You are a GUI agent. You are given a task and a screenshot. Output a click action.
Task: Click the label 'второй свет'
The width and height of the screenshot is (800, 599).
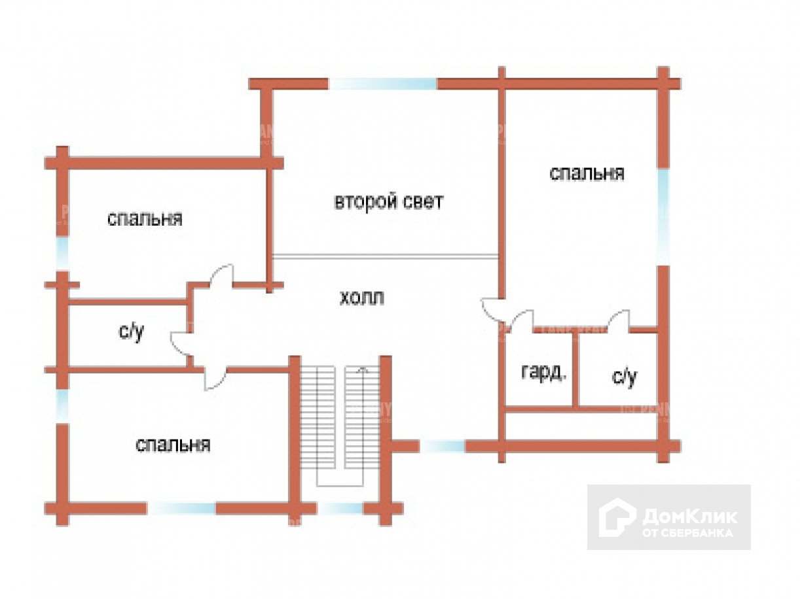pos(388,201)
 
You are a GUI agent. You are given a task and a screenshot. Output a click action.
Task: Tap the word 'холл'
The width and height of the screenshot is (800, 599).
pos(361,299)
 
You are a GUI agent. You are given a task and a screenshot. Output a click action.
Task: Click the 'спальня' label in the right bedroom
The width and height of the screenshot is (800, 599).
pos(587,173)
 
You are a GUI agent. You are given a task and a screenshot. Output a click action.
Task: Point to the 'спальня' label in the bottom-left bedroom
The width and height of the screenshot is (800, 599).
pos(173,445)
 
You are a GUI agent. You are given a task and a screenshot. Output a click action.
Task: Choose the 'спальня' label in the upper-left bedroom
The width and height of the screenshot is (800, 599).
pos(145,218)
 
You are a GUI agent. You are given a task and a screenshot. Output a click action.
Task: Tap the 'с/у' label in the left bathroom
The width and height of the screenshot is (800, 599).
pos(131,332)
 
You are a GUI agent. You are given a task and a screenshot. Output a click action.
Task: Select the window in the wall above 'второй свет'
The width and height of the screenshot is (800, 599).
pos(382,84)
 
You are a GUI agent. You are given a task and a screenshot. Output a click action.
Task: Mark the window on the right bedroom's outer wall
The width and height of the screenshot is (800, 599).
pos(663,216)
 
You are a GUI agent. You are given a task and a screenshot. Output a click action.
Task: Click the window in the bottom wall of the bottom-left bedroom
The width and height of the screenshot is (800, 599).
pos(183,508)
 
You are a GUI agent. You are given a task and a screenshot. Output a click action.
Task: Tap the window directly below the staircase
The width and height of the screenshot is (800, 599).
pos(340,508)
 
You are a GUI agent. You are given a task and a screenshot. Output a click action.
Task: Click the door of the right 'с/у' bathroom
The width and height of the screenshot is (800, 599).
pos(618,321)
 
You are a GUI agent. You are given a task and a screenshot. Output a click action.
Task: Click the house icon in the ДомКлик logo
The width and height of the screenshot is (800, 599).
pos(617,517)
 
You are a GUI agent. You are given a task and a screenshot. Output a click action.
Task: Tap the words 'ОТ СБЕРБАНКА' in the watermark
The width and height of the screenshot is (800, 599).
pos(687,532)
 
